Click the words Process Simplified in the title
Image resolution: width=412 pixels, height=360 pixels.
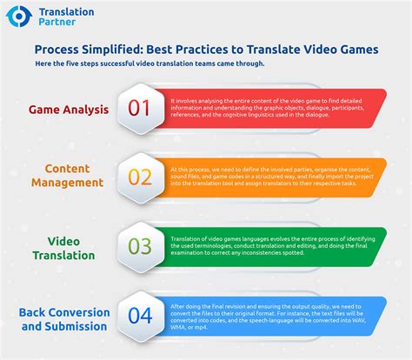point(90,50)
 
